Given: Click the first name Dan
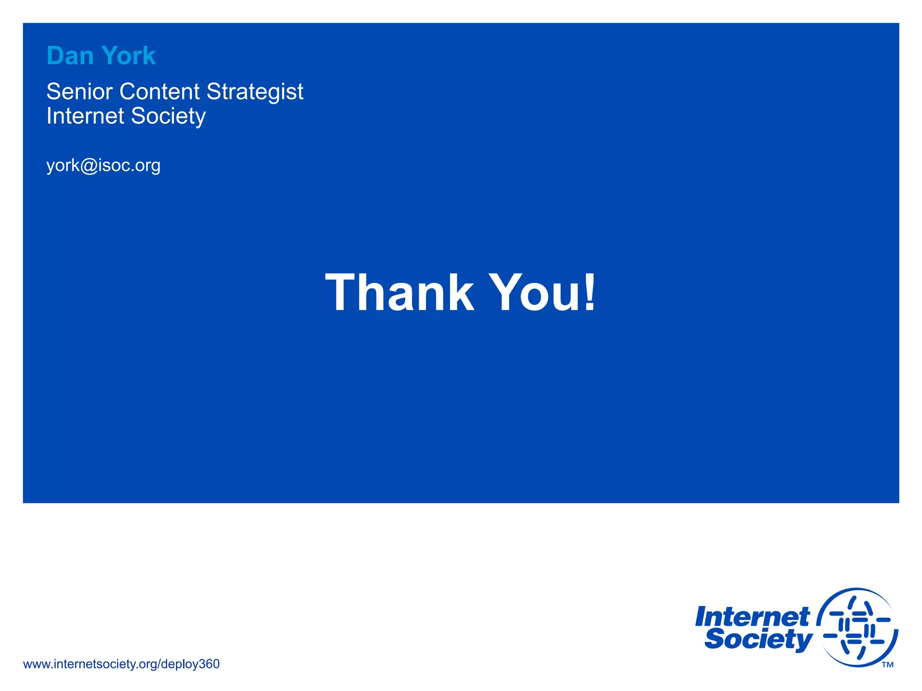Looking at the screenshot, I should tap(70, 56).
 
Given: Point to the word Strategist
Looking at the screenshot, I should tap(255, 92).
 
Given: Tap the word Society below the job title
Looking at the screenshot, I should tap(168, 117).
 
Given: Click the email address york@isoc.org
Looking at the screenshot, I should tap(103, 166).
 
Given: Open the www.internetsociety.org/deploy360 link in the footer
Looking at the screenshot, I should tap(121, 664).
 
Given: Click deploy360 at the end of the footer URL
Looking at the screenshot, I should tap(190, 664).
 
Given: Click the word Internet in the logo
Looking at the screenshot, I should tap(752, 617).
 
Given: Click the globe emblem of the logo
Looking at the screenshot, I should tap(857, 627).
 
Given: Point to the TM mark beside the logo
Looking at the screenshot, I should tap(887, 665).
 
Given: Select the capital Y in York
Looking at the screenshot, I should tap(110, 56).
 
